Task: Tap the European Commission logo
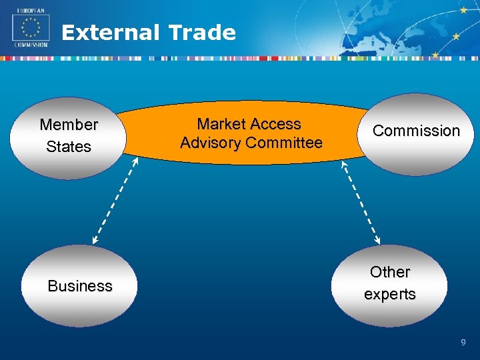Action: coord(31,30)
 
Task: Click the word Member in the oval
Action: coord(69,125)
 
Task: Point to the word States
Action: coord(69,147)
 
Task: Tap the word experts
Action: coord(390,294)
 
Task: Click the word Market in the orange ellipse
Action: coord(221,124)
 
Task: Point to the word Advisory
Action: coord(211,143)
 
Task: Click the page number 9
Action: coord(463,343)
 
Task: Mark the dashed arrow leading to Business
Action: coord(115,199)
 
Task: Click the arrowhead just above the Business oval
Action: coord(95,241)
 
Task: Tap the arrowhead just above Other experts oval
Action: coord(378,241)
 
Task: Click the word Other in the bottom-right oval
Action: coord(390,272)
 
